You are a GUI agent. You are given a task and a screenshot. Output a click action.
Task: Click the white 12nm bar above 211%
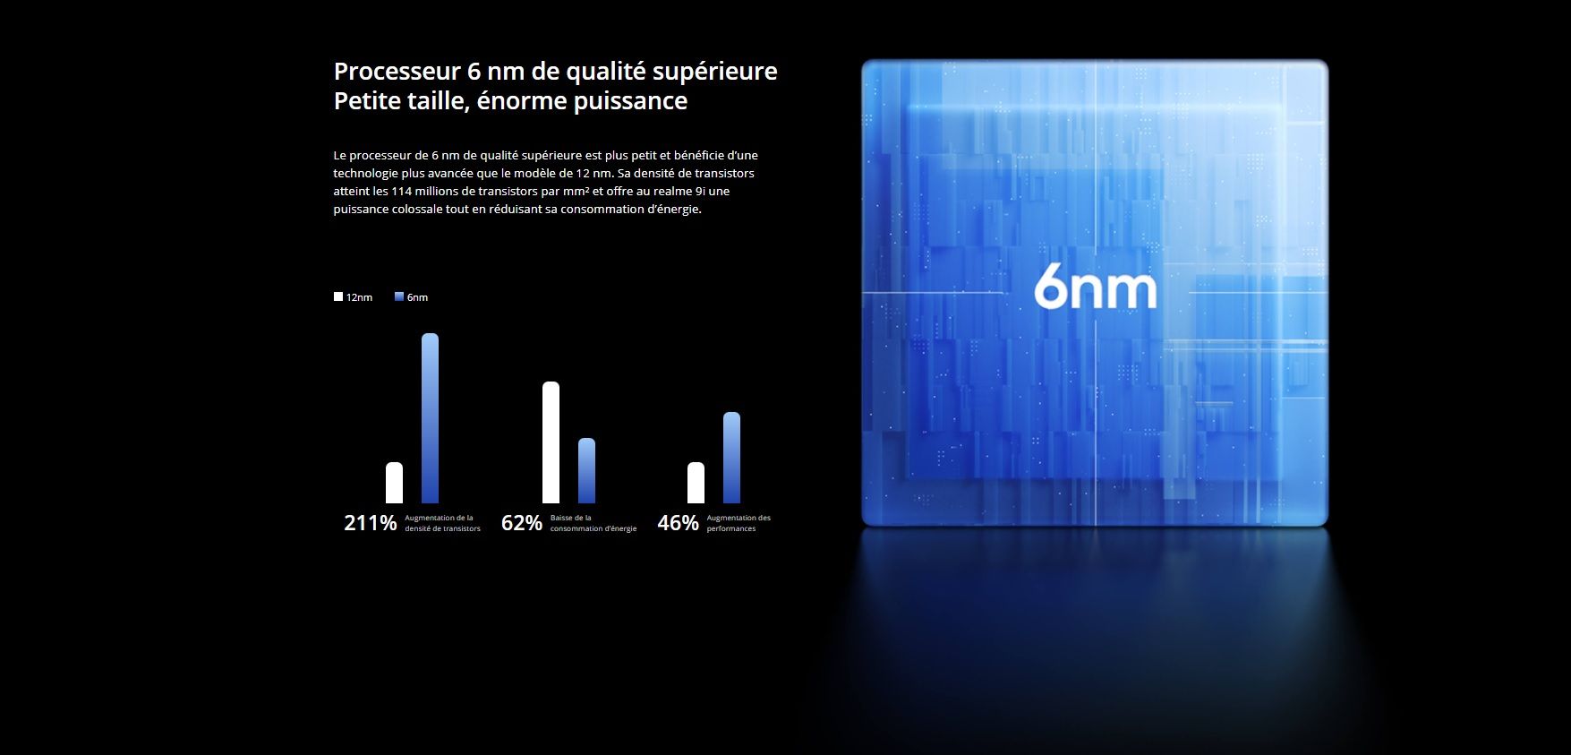point(394,483)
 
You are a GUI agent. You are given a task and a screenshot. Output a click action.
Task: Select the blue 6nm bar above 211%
point(430,418)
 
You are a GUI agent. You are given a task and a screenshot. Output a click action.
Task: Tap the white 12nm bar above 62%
point(551,442)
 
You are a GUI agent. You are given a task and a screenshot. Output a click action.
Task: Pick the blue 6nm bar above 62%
point(586,470)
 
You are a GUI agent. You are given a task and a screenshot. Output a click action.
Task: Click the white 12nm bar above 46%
point(696,483)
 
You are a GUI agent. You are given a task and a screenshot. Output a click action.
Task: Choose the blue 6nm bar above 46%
point(731,458)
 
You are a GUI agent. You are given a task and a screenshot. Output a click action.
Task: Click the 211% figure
point(371,523)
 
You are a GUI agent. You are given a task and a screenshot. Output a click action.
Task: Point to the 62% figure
point(522,523)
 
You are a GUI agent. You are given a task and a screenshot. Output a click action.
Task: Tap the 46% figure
point(679,523)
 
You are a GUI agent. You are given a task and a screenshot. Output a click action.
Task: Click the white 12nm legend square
point(338,296)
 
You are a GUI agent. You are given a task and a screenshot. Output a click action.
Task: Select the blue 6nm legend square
point(399,296)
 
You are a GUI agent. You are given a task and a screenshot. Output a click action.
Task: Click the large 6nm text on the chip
point(1096,287)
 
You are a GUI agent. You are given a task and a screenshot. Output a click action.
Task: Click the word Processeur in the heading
point(397,72)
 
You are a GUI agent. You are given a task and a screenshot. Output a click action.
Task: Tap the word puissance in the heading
point(630,101)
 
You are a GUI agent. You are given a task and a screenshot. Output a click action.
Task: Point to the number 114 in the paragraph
point(401,191)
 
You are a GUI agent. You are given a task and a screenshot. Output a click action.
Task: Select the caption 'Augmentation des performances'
point(739,523)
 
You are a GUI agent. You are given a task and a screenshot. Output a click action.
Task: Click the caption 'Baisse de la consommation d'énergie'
point(593,523)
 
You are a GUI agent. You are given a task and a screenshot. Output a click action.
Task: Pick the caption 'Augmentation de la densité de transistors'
point(442,523)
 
